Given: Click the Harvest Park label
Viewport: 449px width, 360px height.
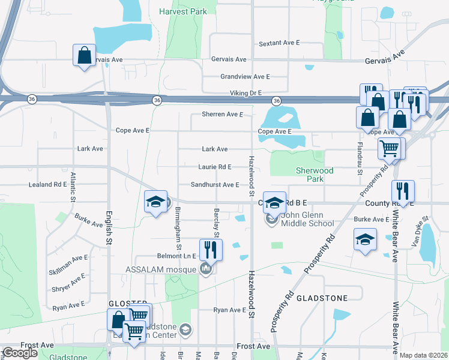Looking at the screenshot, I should tap(183, 11).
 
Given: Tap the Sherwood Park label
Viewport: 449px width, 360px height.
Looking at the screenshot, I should tap(315, 175).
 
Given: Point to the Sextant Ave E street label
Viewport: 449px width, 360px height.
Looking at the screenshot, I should tap(279, 44).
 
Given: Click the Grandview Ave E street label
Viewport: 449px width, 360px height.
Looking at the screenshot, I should tap(245, 77).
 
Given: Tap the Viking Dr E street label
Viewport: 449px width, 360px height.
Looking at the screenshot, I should tap(246, 93).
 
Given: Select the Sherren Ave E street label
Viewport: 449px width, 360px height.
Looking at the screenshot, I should tap(222, 114).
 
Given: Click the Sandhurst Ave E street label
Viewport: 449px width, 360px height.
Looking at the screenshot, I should tap(215, 185).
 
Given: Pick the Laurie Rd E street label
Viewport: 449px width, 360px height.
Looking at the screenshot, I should tap(215, 167).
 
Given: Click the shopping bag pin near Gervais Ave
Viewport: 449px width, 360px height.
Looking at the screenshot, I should tap(84, 55).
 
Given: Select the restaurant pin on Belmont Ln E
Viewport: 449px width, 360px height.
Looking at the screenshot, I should tap(211, 249).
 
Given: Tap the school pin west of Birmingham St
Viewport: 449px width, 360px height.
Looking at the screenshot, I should tap(155, 202).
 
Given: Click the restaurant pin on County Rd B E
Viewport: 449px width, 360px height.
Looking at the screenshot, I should tap(403, 191).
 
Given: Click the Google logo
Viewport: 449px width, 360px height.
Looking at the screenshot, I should tap(20, 353).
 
